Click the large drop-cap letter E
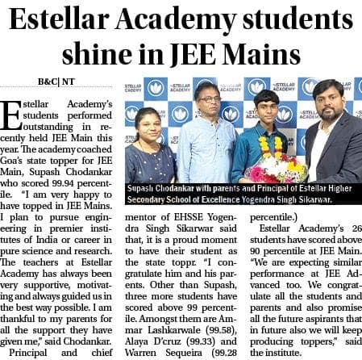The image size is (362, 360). coord(15,115)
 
